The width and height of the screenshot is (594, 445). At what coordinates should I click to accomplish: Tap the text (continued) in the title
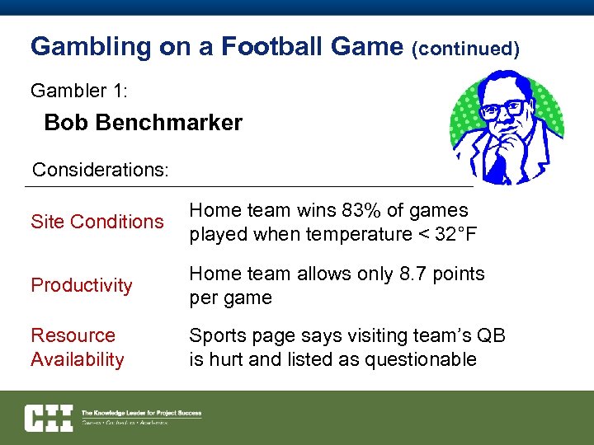pos(465,49)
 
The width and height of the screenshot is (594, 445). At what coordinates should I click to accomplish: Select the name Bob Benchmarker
pos(143,124)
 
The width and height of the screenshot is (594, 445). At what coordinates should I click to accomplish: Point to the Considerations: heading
pos(100,171)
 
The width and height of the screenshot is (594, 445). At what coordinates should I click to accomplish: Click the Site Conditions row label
pos(97,222)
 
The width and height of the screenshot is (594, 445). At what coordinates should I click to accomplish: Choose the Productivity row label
pos(82,285)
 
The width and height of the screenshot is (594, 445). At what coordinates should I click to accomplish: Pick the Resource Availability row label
pos(77,347)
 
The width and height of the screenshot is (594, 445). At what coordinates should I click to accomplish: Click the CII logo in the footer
pos(49,418)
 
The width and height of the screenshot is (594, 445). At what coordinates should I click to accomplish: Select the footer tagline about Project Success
pos(141,413)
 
